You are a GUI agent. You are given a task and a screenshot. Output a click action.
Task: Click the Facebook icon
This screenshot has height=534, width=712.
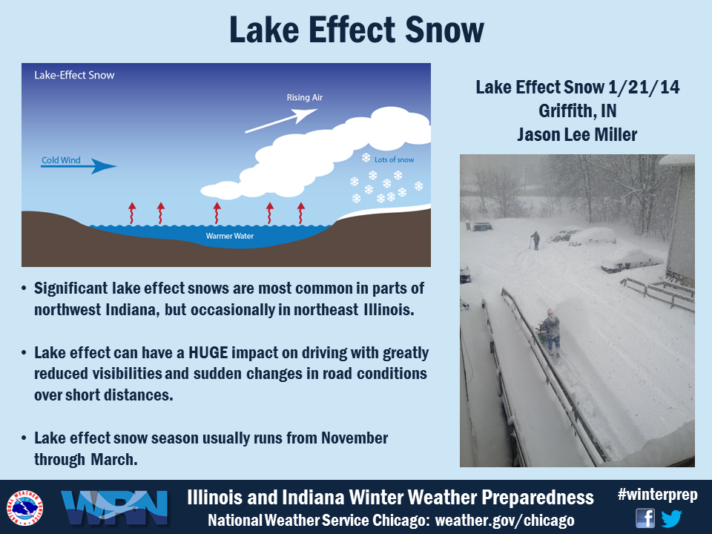point(645,518)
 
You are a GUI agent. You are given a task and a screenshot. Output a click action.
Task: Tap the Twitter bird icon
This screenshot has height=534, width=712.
point(672,518)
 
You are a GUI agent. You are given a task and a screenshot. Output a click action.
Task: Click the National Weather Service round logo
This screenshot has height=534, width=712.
point(24,507)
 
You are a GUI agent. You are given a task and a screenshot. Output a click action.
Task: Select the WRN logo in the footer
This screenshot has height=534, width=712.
point(114,507)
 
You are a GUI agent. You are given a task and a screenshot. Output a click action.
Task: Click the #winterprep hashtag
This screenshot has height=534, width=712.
point(658,495)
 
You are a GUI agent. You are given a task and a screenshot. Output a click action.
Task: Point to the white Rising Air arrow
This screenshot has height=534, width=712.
point(281,121)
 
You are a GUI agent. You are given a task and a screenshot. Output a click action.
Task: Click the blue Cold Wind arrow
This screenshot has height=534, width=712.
point(79,166)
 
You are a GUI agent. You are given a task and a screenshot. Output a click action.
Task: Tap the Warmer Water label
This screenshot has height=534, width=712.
point(230,236)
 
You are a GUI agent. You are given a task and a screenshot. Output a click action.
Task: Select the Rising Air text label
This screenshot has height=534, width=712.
point(304,98)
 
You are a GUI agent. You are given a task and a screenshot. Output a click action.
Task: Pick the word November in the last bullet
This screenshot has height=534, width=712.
point(355,438)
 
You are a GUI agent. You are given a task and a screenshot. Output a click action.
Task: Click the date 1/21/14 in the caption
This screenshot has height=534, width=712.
point(644,88)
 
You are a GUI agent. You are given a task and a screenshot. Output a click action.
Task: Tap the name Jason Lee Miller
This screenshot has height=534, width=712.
point(577,134)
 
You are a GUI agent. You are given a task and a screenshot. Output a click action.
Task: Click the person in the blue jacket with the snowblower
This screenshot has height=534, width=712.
point(551,331)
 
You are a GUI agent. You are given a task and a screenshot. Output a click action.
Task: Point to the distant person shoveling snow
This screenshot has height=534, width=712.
point(535,240)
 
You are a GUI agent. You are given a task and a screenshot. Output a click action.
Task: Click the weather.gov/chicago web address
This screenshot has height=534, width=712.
point(504,521)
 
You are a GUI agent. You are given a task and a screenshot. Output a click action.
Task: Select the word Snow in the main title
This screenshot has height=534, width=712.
point(444,30)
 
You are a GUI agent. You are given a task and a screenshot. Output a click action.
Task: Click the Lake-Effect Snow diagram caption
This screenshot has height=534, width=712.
point(74,76)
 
